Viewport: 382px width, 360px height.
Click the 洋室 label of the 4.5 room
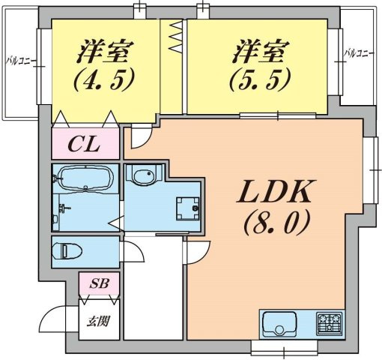(x=106, y=52)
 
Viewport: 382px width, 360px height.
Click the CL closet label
(x=85, y=144)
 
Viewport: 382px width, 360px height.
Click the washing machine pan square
(x=187, y=207)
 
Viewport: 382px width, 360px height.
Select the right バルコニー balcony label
(x=360, y=53)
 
